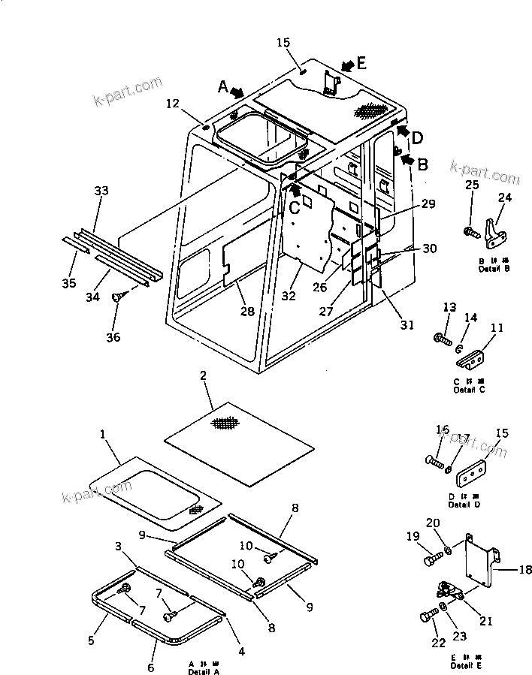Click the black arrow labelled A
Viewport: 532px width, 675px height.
click(x=237, y=92)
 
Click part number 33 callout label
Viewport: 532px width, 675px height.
click(x=101, y=191)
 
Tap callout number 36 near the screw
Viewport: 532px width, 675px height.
click(x=113, y=316)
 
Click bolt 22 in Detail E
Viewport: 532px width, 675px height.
click(x=427, y=617)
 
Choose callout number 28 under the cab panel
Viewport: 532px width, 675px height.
click(x=246, y=311)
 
